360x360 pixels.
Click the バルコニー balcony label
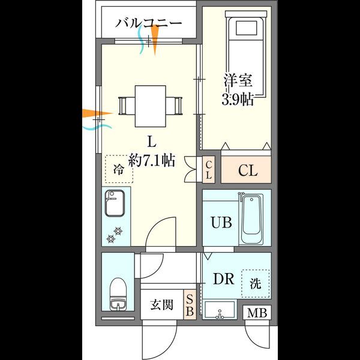click(149, 24)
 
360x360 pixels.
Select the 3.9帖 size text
click(238, 99)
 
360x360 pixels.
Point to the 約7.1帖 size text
click(151, 161)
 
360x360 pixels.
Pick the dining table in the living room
click(150, 106)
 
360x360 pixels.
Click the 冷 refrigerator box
click(119, 169)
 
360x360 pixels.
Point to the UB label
click(221, 223)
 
